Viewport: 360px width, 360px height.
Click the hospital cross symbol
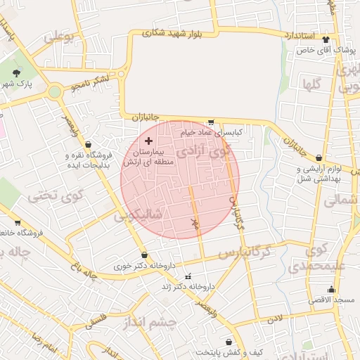coord(148,141)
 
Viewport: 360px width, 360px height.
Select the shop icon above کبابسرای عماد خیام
coord(211,122)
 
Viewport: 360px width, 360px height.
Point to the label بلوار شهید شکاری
coord(172,32)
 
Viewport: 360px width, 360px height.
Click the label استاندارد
coord(302,34)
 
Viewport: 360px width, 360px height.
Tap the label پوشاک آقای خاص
coord(325,51)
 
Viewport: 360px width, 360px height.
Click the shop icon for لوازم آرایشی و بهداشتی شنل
coord(320,158)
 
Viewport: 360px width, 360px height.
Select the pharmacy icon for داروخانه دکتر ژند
coord(187,276)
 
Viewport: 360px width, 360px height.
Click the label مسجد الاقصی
coord(330,300)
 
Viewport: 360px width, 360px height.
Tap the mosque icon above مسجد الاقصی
coord(331,289)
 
